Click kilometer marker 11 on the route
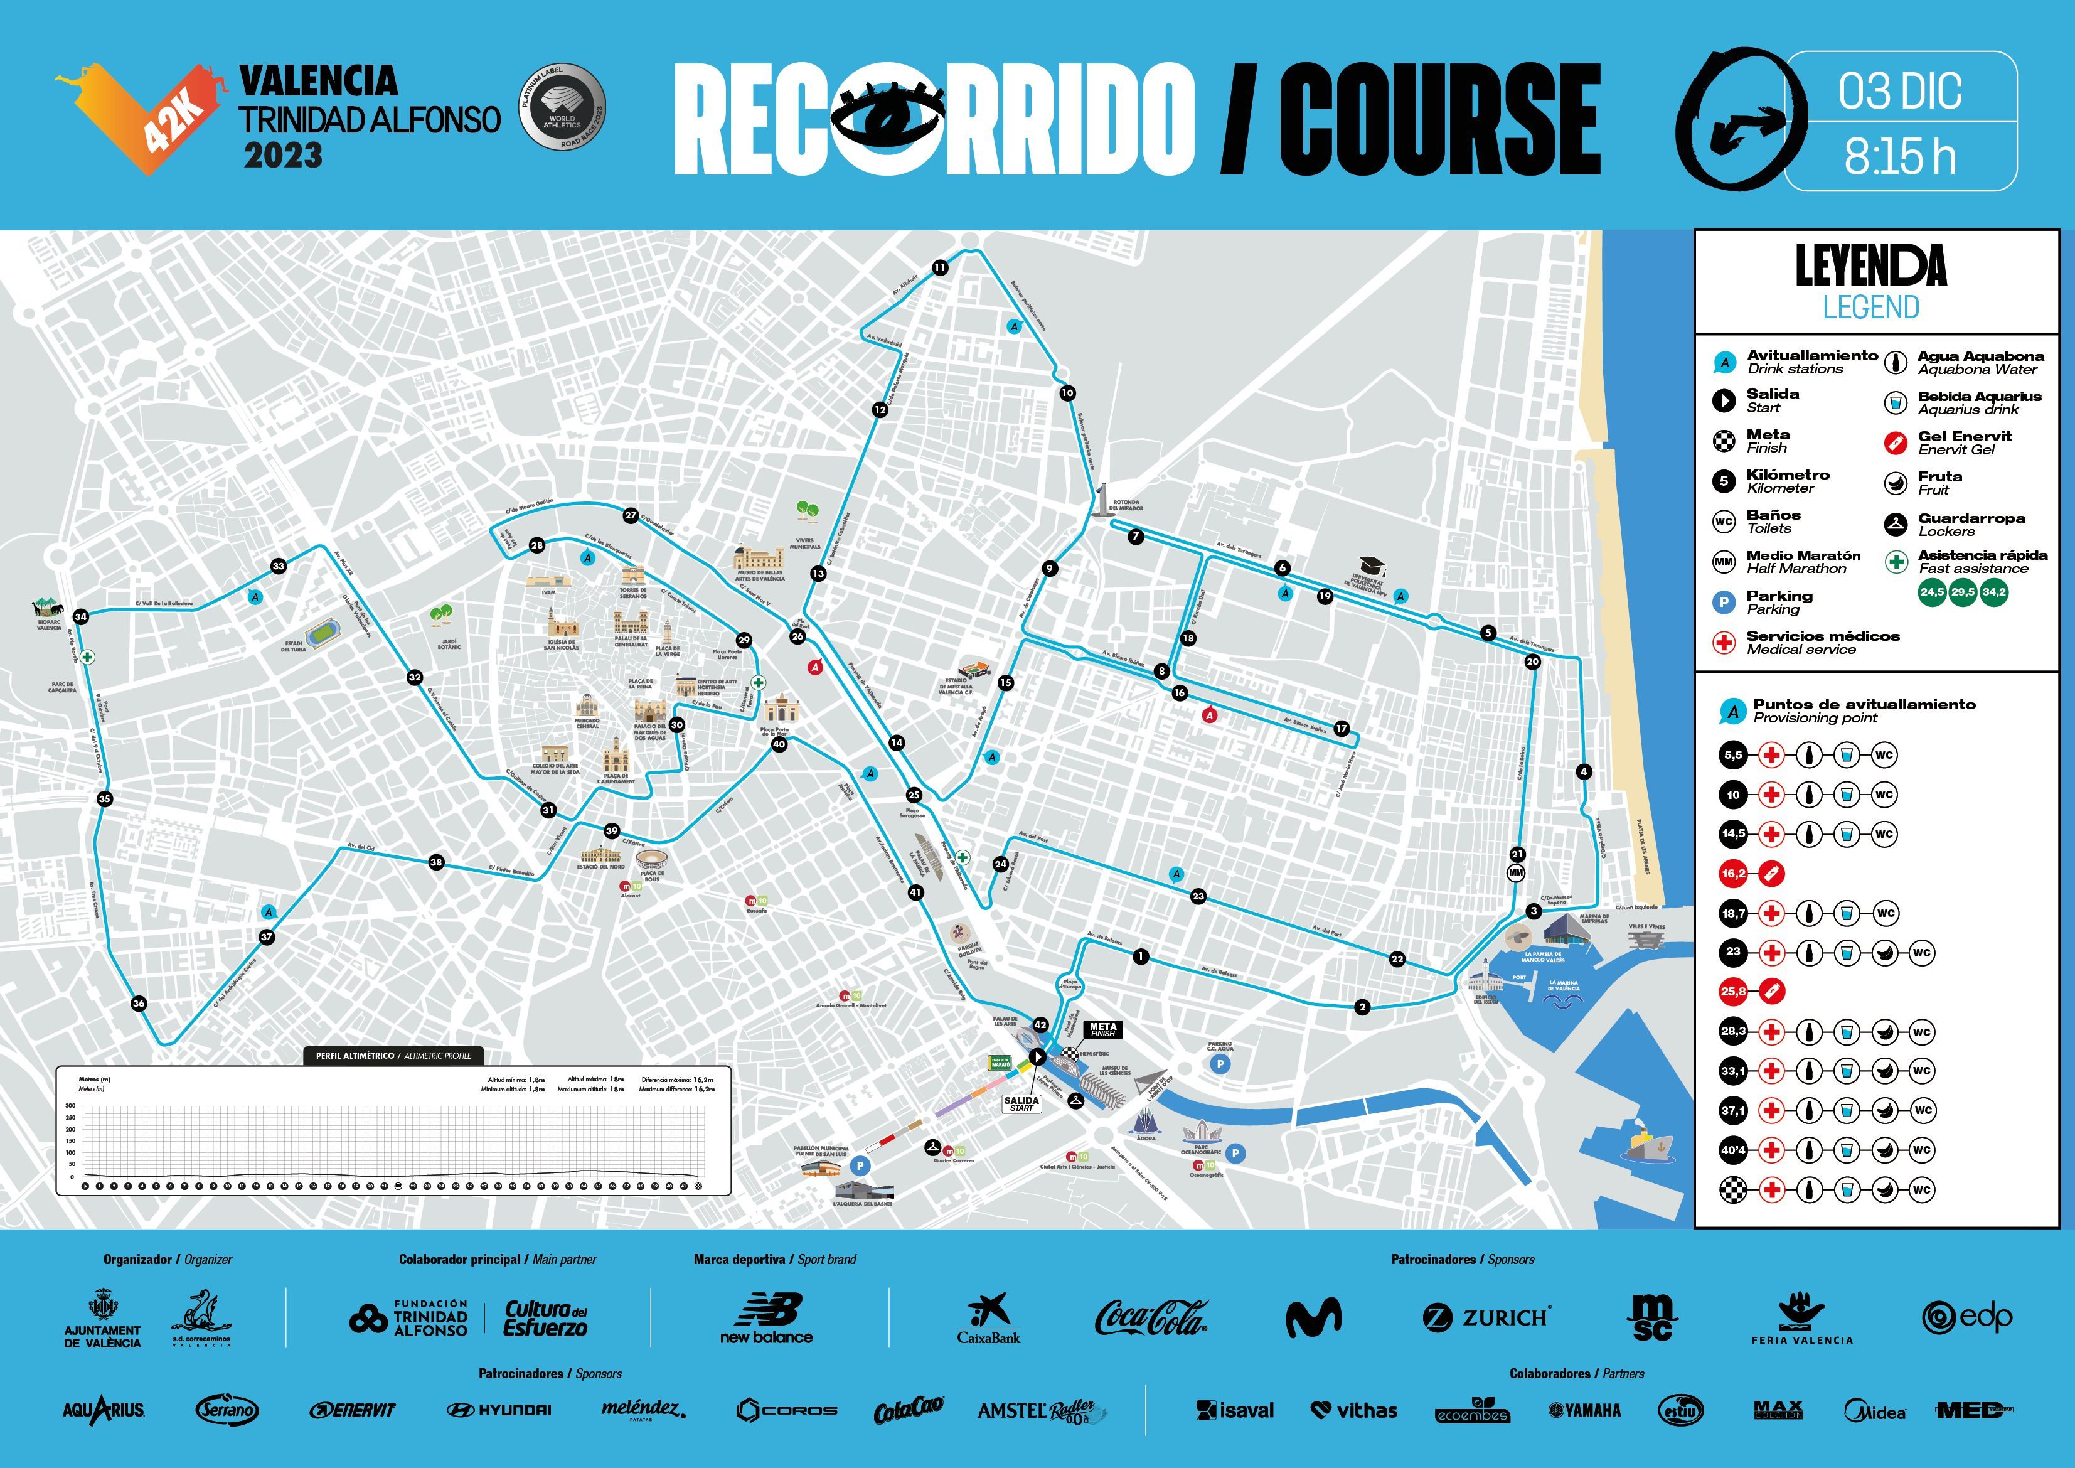coord(940,267)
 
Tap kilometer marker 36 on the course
coord(138,1004)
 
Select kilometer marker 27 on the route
coord(631,516)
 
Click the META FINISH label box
coord(1102,1029)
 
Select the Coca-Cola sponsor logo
coord(1151,1318)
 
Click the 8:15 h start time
coord(1900,156)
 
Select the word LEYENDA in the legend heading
coord(1870,265)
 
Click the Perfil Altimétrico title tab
coord(393,1056)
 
